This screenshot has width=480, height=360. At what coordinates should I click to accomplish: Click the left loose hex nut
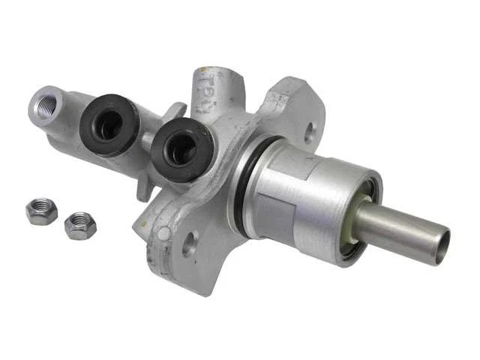coord(41,211)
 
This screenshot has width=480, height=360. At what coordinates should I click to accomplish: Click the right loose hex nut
coord(79,225)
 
